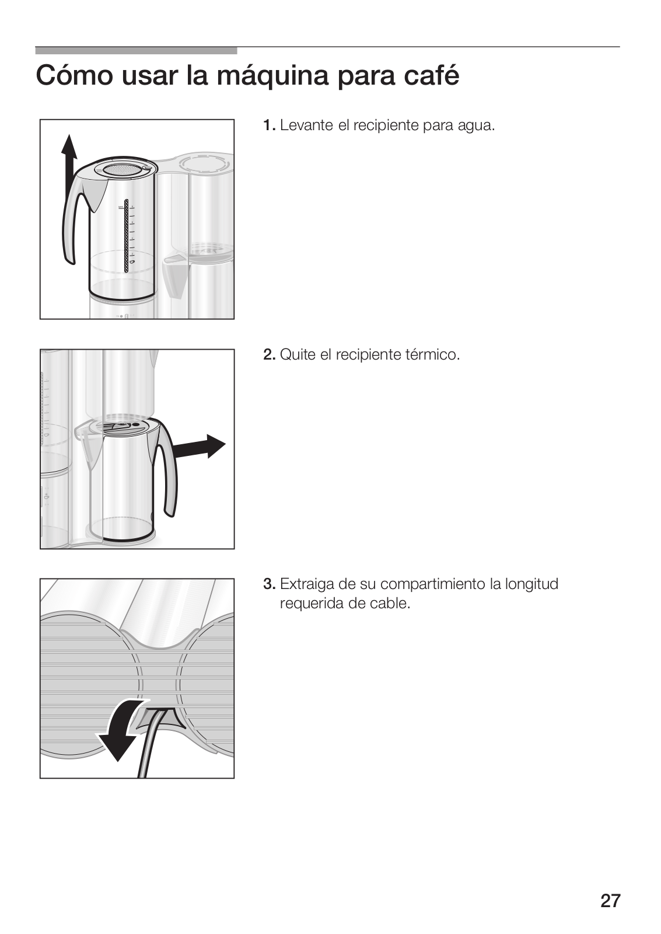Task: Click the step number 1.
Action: (x=269, y=126)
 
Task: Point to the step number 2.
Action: (x=269, y=355)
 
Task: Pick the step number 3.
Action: (x=269, y=584)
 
